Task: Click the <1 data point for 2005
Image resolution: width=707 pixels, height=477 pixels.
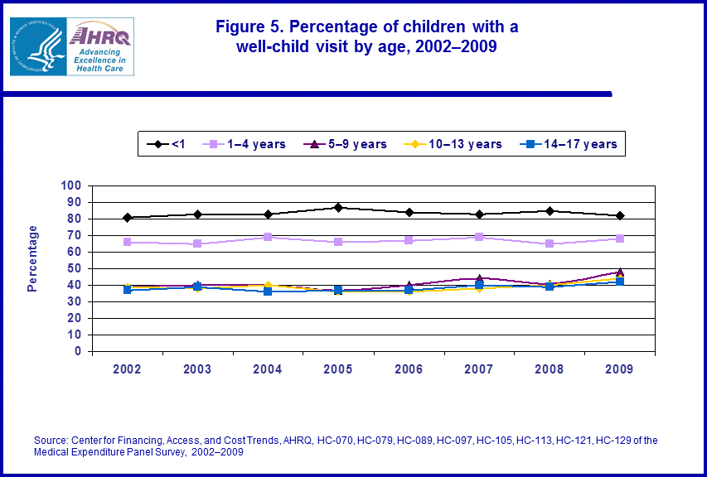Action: pos(338,207)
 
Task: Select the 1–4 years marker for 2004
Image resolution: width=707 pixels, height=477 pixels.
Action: pos(268,237)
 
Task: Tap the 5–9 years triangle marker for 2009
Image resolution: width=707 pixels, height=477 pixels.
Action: pos(619,272)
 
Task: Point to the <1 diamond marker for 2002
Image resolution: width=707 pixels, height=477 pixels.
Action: pos(128,218)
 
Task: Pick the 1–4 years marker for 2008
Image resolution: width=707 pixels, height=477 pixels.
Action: pos(550,244)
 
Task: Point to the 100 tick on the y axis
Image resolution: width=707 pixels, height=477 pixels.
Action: pos(72,185)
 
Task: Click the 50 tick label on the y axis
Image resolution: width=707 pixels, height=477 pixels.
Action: pos(75,268)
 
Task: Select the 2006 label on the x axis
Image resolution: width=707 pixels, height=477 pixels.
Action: pos(408,370)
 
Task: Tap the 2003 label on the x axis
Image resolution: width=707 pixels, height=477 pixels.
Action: pos(197,370)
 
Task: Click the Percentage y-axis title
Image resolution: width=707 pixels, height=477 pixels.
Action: pos(33,258)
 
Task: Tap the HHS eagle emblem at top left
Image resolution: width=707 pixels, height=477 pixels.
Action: pos(36,46)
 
